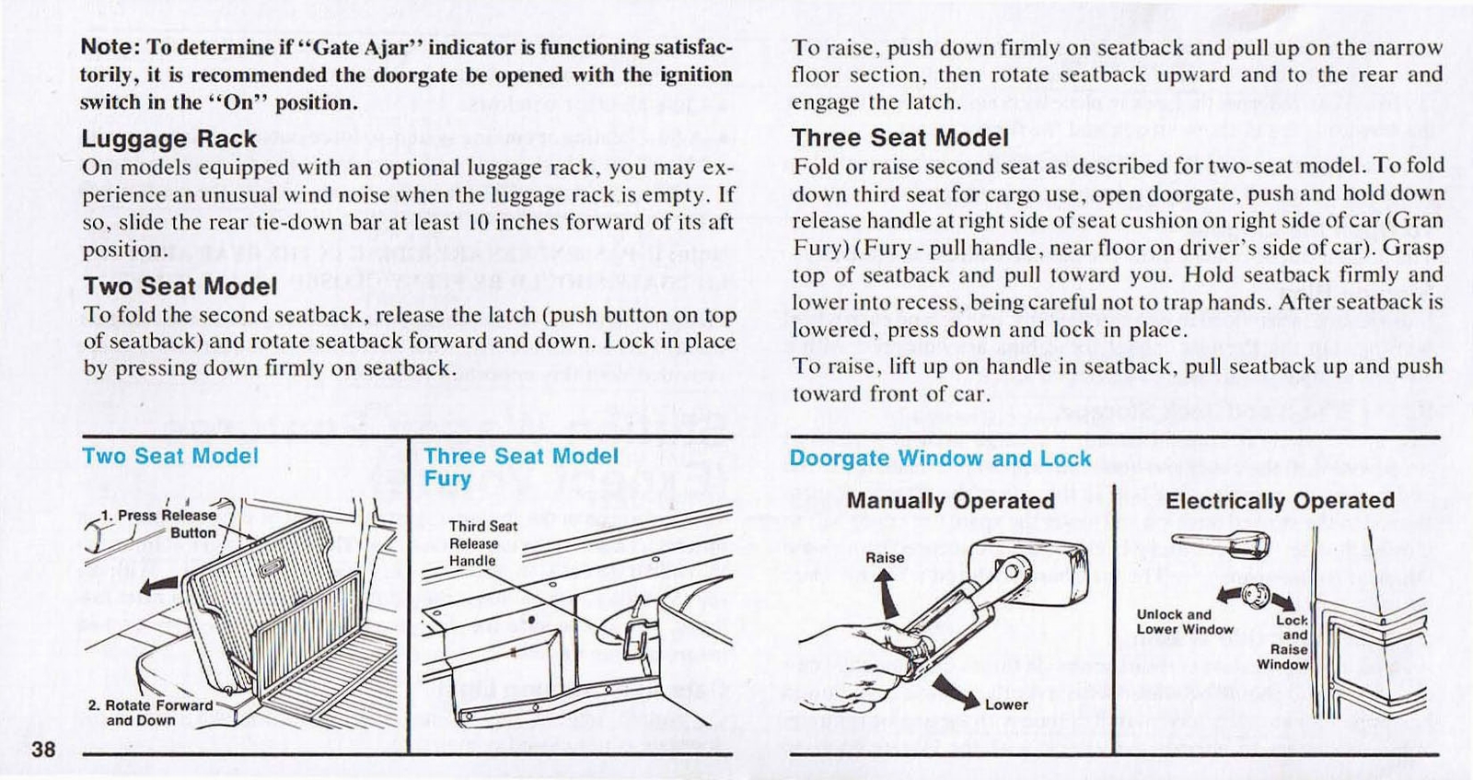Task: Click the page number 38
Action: click(43, 749)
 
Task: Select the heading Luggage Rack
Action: click(169, 139)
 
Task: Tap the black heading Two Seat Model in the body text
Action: click(180, 286)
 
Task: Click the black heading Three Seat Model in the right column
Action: click(900, 138)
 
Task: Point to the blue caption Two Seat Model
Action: click(170, 456)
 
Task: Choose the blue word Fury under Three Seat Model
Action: click(447, 479)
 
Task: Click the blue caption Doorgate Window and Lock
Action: click(940, 459)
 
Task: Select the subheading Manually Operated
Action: click(951, 501)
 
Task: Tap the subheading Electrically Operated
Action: click(1280, 501)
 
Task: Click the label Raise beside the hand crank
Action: click(885, 557)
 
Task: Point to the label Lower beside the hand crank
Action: click(1006, 704)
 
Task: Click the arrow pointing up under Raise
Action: click(886, 594)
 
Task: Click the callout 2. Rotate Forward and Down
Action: click(150, 713)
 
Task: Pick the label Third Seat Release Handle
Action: click(482, 543)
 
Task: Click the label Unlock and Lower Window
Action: click(1184, 622)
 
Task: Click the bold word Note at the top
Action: click(110, 47)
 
